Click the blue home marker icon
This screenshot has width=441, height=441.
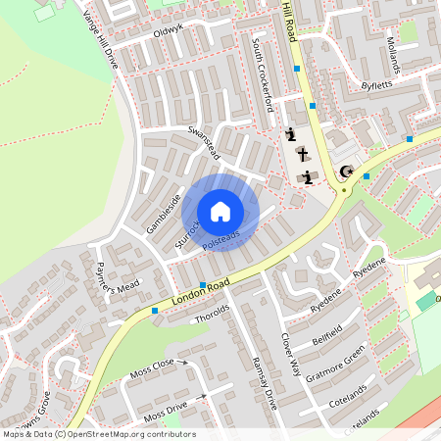[220, 212]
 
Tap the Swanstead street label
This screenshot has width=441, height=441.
[206, 144]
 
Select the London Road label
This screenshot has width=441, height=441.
[199, 292]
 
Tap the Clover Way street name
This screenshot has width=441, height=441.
[291, 355]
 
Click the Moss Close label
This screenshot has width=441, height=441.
[152, 369]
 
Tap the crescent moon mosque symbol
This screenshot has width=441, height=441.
[345, 172]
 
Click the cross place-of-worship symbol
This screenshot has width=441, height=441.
[302, 155]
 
